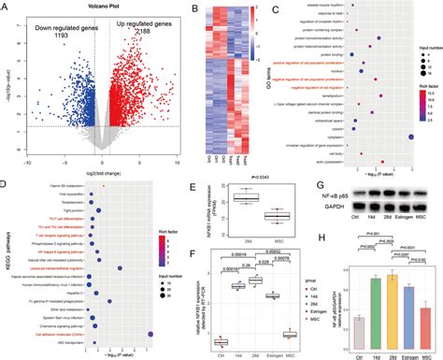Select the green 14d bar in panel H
375,305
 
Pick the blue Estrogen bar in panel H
409,310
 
